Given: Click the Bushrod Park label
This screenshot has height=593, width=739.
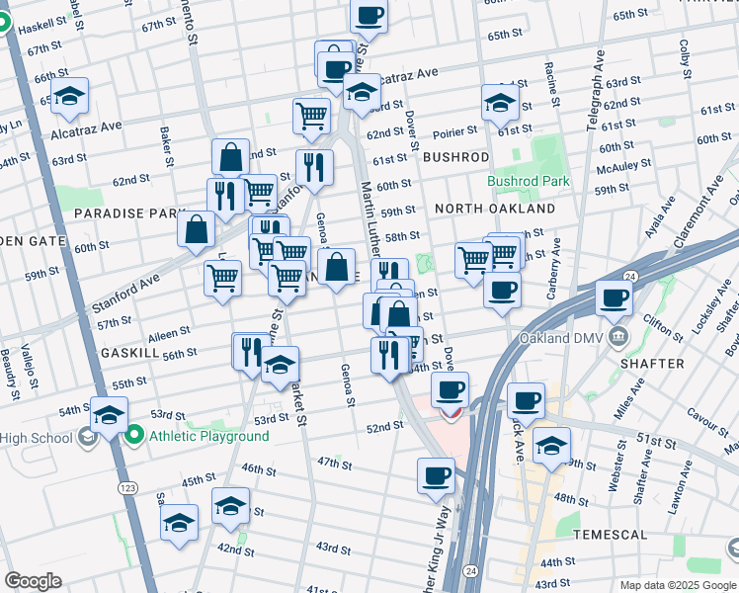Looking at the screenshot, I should [529, 181].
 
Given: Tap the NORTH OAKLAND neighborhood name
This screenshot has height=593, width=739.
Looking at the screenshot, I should [495, 210].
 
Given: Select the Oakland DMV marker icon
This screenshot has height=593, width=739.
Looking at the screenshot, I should [618, 336].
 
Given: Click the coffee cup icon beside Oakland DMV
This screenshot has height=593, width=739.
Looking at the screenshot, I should [614, 296].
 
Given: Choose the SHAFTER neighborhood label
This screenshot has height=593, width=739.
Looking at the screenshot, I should [653, 364].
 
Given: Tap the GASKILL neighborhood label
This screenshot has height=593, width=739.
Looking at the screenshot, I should [129, 353].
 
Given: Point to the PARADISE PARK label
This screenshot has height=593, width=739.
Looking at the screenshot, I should [129, 213].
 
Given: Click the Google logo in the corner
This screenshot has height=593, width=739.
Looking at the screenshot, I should [33, 581].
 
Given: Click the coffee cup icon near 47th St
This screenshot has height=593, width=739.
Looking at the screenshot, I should [435, 476].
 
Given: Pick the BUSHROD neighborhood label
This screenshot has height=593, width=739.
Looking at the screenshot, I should [455, 157].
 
